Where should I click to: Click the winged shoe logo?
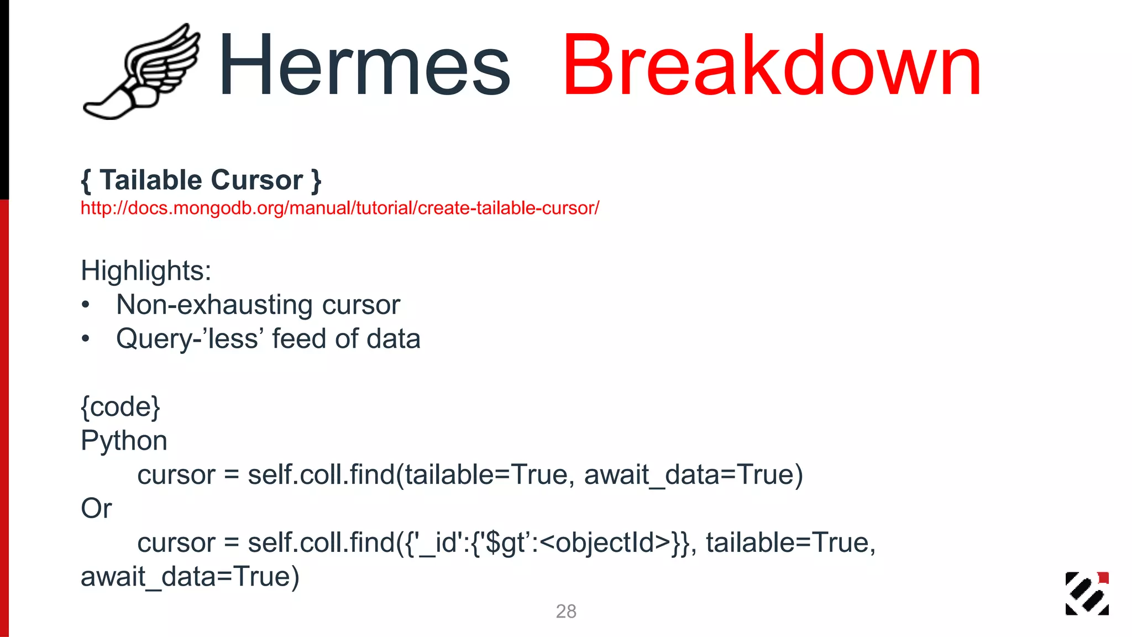click(x=141, y=72)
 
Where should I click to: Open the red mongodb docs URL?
click(x=339, y=208)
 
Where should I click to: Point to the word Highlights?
click(x=146, y=271)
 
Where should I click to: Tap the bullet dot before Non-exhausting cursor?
click(x=85, y=305)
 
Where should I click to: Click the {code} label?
click(x=120, y=407)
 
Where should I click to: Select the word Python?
click(x=124, y=441)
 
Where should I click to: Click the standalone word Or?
click(x=96, y=509)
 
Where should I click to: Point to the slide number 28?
click(x=566, y=612)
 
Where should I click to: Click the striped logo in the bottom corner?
click(x=1087, y=593)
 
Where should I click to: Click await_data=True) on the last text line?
click(x=190, y=577)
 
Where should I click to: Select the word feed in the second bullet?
click(x=298, y=339)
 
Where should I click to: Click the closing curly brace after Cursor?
click(x=316, y=181)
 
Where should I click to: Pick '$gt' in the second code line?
click(x=506, y=543)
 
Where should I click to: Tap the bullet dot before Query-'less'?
click(x=85, y=339)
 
